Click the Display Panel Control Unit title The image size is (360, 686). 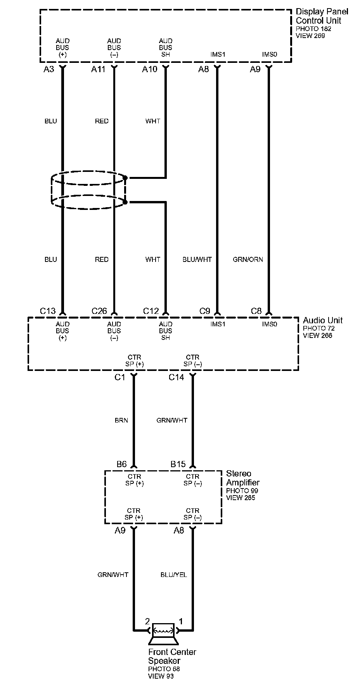click(x=322, y=16)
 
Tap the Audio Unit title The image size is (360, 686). click(x=323, y=320)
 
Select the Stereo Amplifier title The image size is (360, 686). click(x=242, y=478)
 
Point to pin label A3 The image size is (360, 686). click(x=49, y=69)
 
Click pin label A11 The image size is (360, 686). click(x=99, y=69)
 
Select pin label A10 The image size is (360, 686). click(x=150, y=69)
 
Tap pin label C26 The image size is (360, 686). click(x=99, y=311)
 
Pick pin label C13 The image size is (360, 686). click(x=48, y=311)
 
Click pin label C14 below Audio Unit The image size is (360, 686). click(x=176, y=377)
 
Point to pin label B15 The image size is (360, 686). click(x=178, y=464)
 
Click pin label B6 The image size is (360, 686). click(x=121, y=464)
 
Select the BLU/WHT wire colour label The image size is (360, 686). click(x=197, y=260)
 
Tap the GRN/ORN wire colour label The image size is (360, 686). click(x=248, y=260)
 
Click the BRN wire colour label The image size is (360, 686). click(x=121, y=420)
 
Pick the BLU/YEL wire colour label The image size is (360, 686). click(x=173, y=575)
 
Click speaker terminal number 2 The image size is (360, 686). click(x=147, y=621)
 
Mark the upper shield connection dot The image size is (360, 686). click(x=125, y=178)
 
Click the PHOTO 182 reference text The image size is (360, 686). click(x=313, y=29)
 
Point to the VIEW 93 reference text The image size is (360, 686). click(x=161, y=676)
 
